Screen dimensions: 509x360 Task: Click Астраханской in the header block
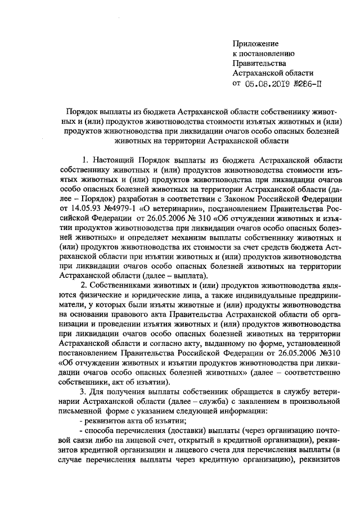click(x=259, y=73)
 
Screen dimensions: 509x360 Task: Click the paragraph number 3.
click(x=84, y=397)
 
